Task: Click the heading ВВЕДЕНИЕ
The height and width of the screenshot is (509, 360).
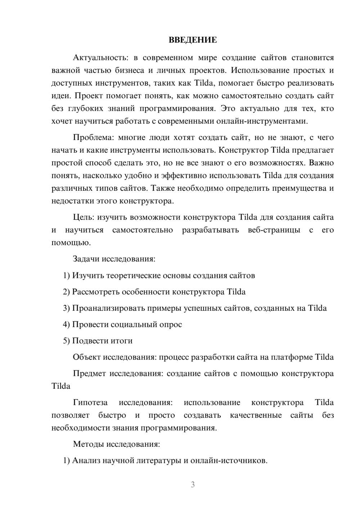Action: click(193, 40)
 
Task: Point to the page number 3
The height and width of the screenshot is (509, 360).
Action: click(193, 485)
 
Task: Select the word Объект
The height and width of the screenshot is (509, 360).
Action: click(87, 357)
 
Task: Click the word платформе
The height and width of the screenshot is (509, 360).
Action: click(292, 357)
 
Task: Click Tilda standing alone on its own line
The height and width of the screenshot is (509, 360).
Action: click(61, 386)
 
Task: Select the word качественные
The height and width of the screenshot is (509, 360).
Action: click(256, 415)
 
